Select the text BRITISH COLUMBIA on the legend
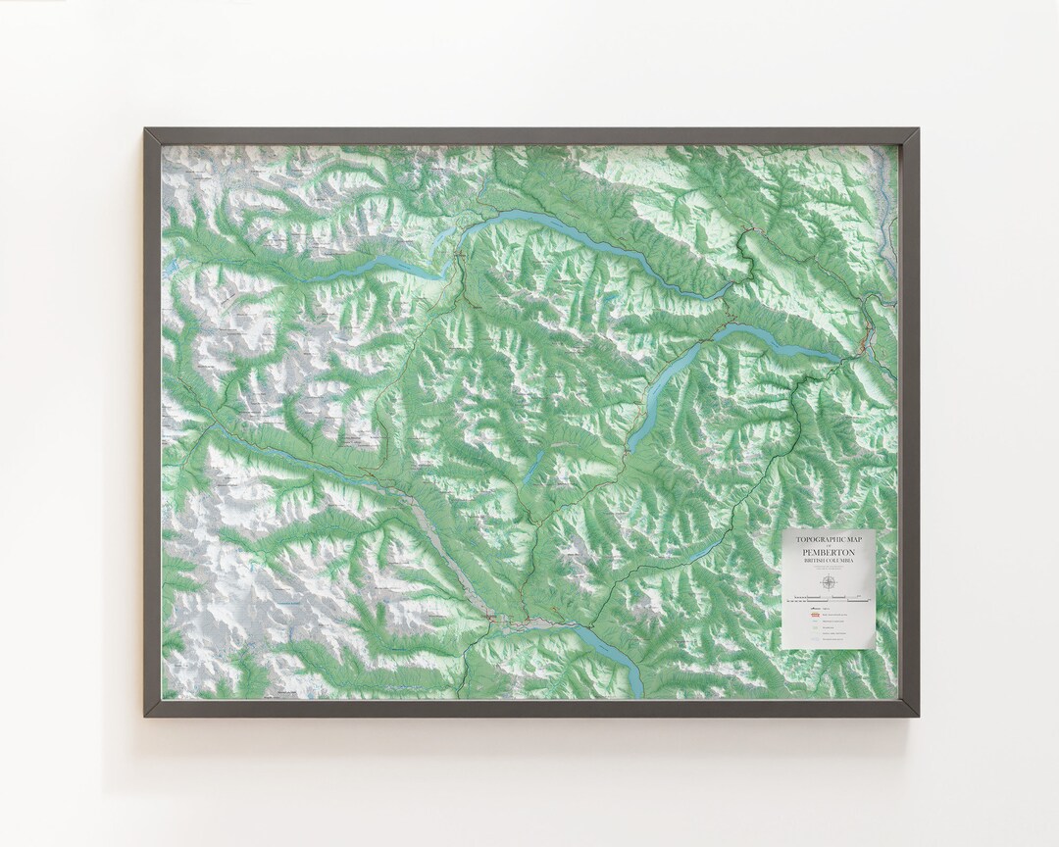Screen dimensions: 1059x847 pos(828,562)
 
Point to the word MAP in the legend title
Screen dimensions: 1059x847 pos(860,537)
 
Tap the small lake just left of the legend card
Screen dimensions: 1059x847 pos(700,556)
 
